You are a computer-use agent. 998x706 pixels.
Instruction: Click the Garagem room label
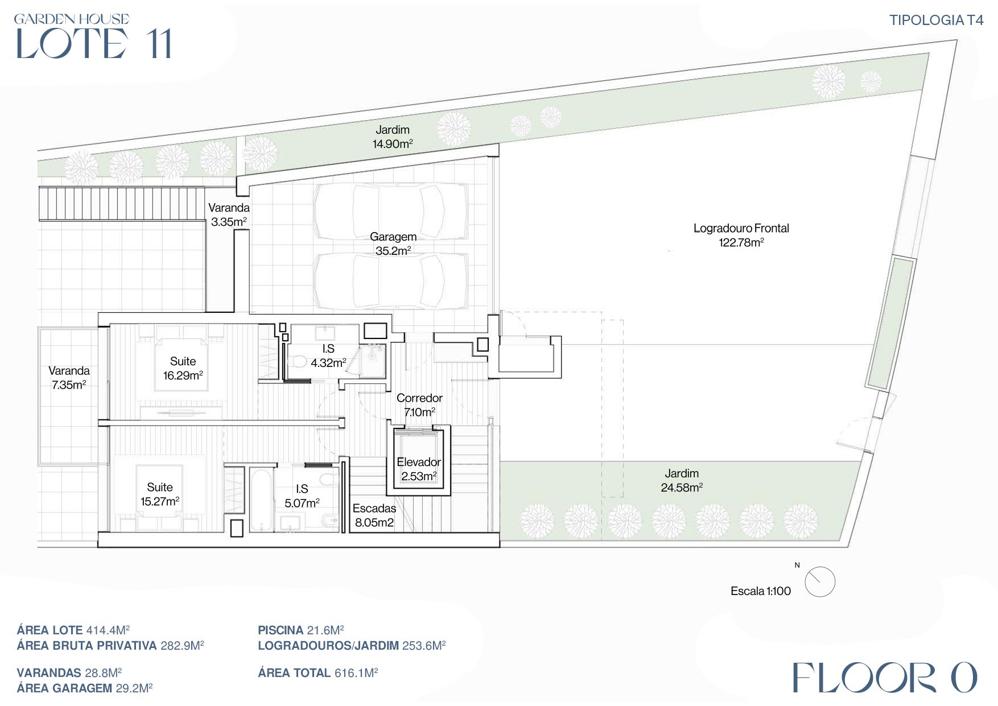[393, 243]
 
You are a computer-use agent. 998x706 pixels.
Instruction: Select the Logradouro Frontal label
[741, 235]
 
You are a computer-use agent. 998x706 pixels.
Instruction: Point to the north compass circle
[820, 582]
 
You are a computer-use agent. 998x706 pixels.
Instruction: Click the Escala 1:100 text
[761, 591]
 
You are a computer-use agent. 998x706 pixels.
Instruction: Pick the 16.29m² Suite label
[183, 368]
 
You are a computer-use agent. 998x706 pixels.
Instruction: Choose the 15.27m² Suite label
[160, 494]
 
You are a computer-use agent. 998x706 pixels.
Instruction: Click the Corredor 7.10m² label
[419, 404]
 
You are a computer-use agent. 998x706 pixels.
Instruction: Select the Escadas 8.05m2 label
[374, 515]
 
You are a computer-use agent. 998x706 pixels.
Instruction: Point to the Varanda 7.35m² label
[69, 377]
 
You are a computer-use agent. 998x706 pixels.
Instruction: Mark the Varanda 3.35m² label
[229, 214]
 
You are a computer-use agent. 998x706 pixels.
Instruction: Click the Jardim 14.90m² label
[393, 137]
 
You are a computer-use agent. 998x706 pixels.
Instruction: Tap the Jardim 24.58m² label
[682, 480]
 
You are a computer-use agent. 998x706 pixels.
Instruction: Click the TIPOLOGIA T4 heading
[936, 20]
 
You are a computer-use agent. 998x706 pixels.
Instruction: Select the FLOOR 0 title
[885, 678]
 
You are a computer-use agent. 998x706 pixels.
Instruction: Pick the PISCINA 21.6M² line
[301, 630]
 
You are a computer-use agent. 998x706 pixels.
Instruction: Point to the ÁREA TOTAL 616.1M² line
[318, 672]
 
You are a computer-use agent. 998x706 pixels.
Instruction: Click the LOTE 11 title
[93, 43]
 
